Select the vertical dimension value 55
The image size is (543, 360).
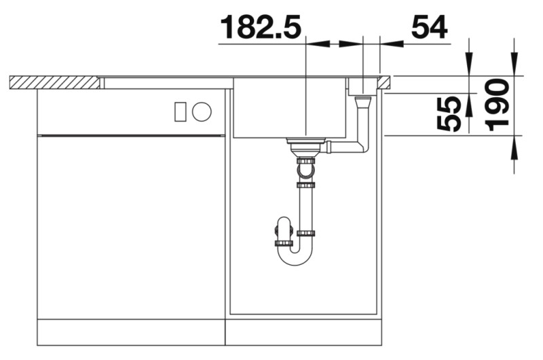coord(449,113)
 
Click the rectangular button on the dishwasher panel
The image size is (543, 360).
coord(180,111)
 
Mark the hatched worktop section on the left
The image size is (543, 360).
coord(54,82)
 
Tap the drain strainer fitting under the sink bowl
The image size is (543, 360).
coord(306,144)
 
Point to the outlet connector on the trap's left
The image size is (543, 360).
coord(283,231)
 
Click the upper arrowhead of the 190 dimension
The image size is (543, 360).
coord(514,68)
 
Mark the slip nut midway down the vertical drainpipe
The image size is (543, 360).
coord(306,184)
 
